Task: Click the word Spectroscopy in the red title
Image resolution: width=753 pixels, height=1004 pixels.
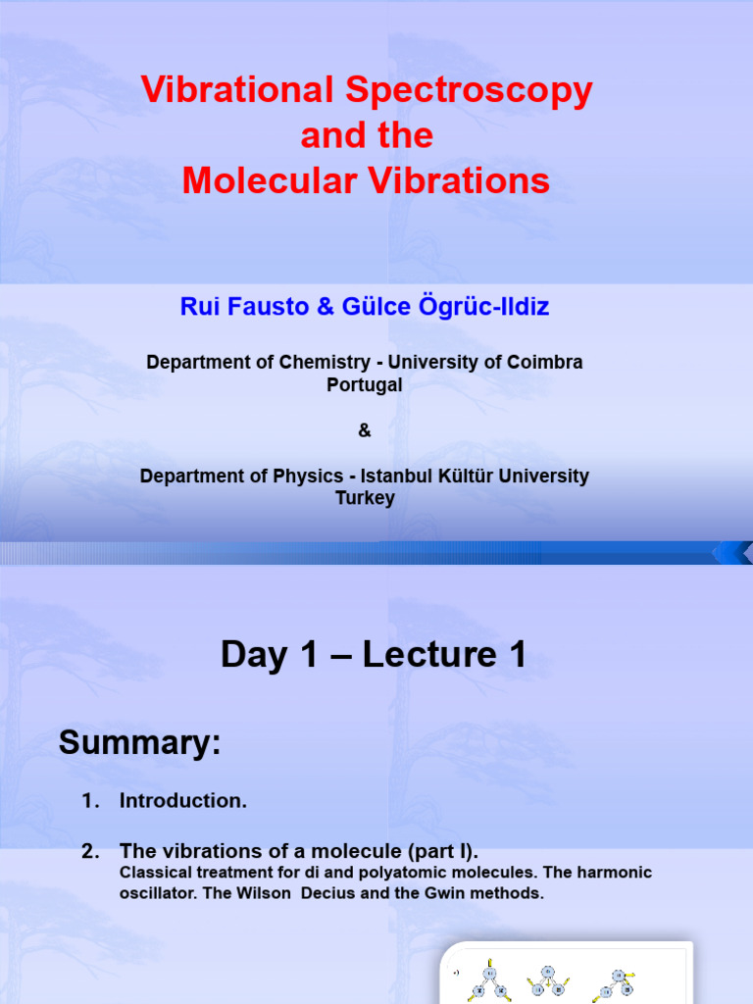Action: point(469,91)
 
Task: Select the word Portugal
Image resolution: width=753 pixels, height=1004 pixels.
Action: point(364,385)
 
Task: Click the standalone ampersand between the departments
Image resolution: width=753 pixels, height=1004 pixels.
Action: point(365,430)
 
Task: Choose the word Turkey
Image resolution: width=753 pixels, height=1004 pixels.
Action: point(365,498)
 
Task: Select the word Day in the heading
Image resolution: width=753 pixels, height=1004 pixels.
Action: point(256,655)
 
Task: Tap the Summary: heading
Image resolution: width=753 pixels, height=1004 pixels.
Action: point(140,743)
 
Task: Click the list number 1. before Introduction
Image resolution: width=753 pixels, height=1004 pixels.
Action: point(91,801)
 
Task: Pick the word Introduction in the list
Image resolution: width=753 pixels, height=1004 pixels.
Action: point(182,801)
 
